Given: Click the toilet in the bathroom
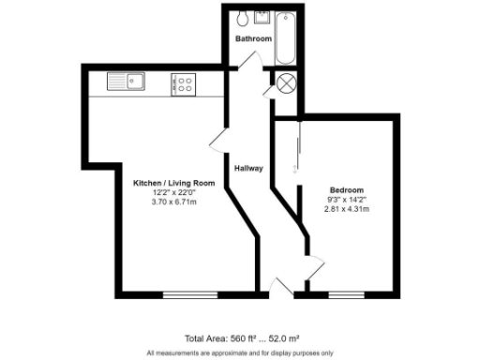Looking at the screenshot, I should [243, 18].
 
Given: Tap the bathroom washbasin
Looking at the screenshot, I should [262, 16].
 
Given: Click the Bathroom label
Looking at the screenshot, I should [253, 39].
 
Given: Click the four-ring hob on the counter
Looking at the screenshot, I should [183, 84].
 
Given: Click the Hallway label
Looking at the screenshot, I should [248, 168].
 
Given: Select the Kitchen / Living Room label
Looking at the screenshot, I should [168, 183].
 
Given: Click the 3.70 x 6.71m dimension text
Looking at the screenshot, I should [168, 202].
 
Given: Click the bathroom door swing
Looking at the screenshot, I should [250, 60].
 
